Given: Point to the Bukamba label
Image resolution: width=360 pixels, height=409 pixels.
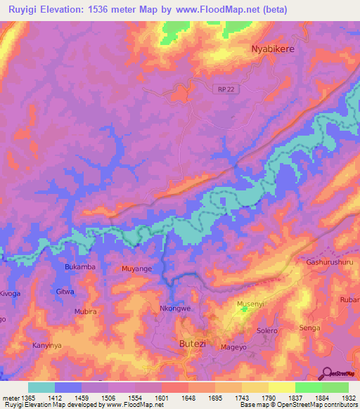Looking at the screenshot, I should tap(79, 268).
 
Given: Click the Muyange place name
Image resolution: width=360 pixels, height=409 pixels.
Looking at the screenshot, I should tap(137, 268).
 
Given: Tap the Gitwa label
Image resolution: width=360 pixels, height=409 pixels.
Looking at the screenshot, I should tap(65, 291).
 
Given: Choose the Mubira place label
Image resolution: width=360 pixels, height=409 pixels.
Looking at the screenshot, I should tap(86, 311).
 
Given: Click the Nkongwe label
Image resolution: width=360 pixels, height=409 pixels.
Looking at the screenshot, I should tap(176, 309).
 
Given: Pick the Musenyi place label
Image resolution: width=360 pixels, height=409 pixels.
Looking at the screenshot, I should tap(250, 304).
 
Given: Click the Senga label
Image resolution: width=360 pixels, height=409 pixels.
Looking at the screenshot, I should tap(310, 328).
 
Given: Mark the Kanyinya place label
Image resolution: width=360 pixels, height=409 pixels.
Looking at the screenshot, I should tap(47, 346).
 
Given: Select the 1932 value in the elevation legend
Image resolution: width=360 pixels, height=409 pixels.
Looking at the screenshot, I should tap(347, 398).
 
